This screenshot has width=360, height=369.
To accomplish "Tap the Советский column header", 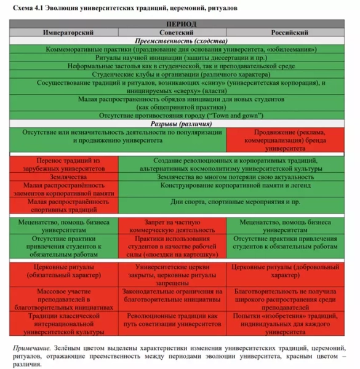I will point(179,31).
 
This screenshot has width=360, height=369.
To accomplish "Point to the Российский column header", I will point(289,31).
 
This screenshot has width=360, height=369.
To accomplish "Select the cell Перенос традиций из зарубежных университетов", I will point(65,164).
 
